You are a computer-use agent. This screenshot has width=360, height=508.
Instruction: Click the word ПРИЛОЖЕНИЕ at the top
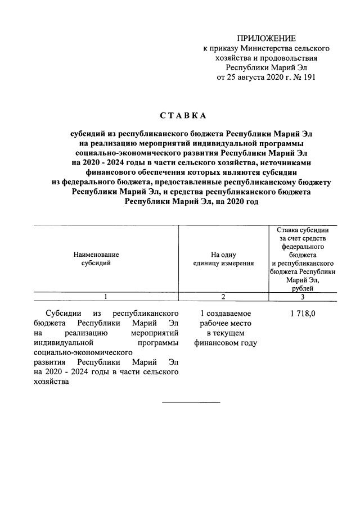click(266, 38)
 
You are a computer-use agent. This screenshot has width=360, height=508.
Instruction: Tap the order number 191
click(308, 78)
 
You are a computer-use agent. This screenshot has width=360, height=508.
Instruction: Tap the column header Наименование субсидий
click(96, 258)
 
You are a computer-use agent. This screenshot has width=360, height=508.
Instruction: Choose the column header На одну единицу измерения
click(223, 258)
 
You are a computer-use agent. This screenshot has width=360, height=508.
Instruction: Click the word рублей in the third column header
click(303, 288)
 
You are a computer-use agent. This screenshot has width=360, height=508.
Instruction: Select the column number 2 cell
click(223, 297)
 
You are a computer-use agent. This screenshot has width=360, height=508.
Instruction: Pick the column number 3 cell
click(303, 297)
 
